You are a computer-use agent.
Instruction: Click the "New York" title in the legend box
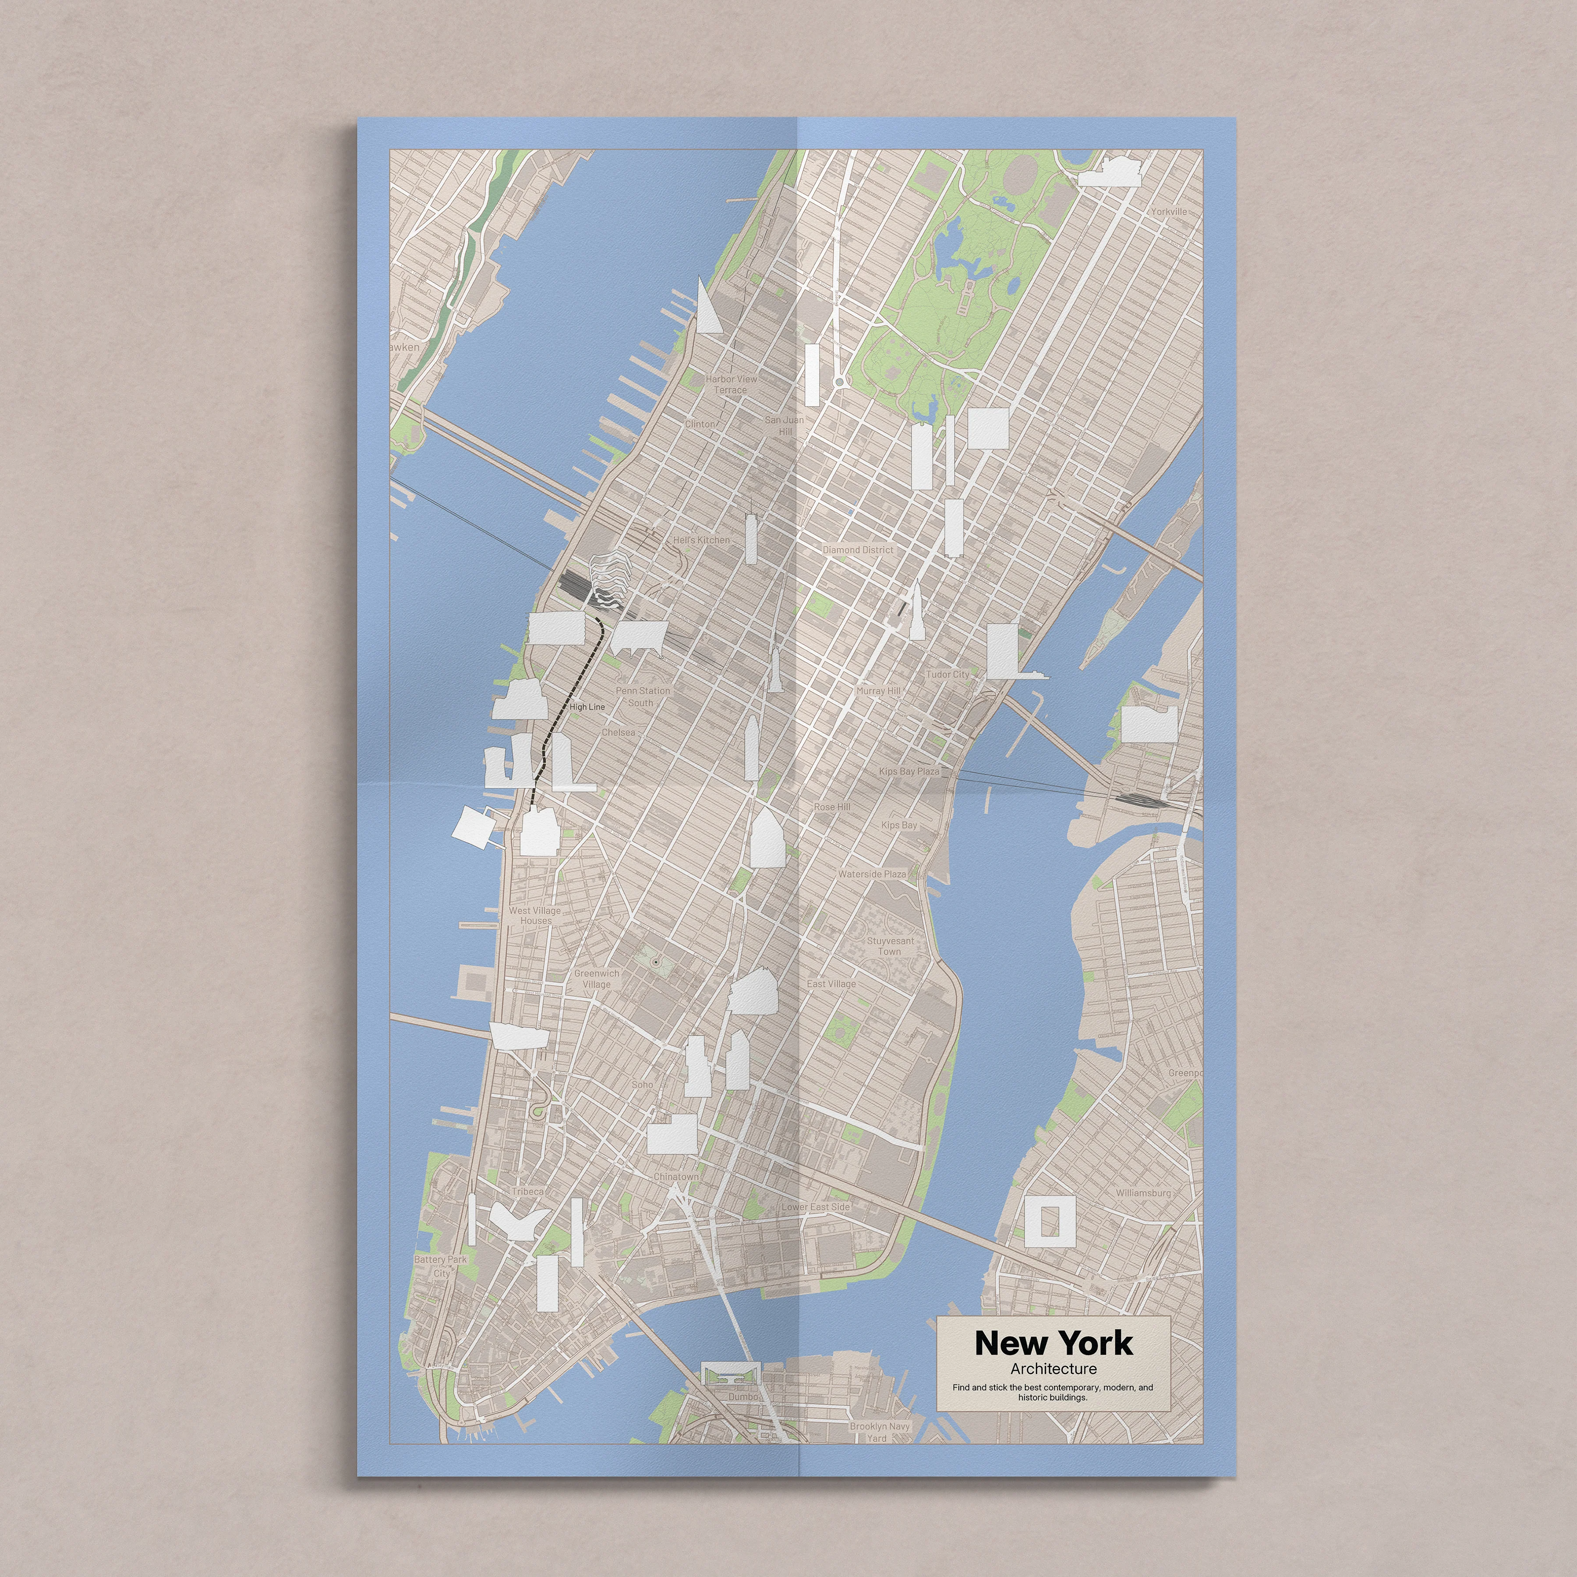(1053, 1343)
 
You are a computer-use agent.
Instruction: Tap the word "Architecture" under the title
(1053, 1369)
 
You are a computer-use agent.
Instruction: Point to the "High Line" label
(587, 707)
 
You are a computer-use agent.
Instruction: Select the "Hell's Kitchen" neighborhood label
(701, 541)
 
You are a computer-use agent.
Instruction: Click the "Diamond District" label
(858, 550)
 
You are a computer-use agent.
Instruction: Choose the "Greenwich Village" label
(597, 979)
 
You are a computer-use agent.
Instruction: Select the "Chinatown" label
(676, 1177)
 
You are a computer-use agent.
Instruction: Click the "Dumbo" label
(743, 1397)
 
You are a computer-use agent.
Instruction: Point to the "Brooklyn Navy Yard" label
(879, 1432)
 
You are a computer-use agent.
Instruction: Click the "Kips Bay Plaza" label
(909, 771)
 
